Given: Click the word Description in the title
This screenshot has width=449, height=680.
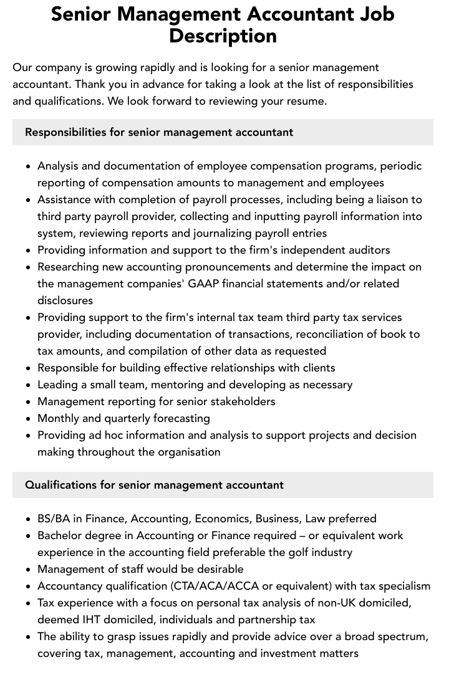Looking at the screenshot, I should tap(223, 36).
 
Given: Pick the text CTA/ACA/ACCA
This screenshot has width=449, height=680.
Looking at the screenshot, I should tap(216, 586).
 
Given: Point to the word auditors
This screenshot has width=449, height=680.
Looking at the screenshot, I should tap(367, 250).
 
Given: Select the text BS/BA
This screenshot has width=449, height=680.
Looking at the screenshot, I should tap(53, 519).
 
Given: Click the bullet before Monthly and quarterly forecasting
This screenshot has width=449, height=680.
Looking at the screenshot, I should tap(29, 419).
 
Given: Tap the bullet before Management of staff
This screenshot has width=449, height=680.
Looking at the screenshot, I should tap(29, 570).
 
